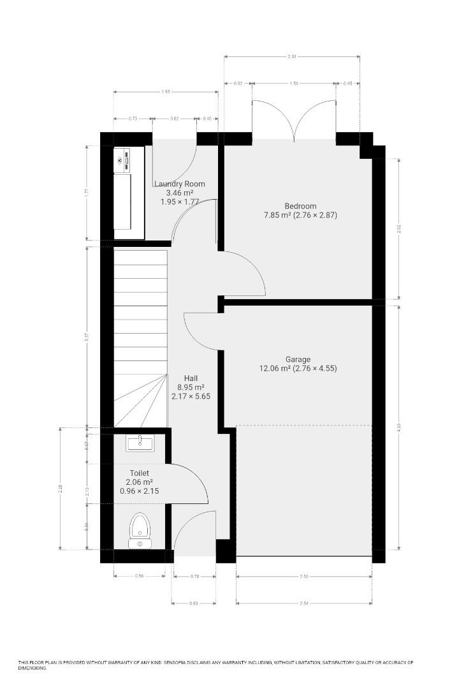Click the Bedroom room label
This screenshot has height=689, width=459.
pyautogui.click(x=300, y=206)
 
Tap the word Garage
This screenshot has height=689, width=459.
pyautogui.click(x=298, y=359)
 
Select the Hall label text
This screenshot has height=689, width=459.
pyautogui.click(x=191, y=378)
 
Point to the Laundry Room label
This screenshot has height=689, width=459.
pyautogui.click(x=180, y=184)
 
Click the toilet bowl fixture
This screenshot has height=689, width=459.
pyautogui.click(x=140, y=529)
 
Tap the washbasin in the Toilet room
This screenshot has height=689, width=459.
pyautogui.click(x=140, y=442)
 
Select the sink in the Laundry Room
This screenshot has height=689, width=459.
pyautogui.click(x=122, y=160)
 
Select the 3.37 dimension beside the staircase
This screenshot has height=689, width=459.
pyautogui.click(x=87, y=336)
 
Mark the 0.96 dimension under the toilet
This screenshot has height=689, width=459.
pyautogui.click(x=140, y=576)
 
